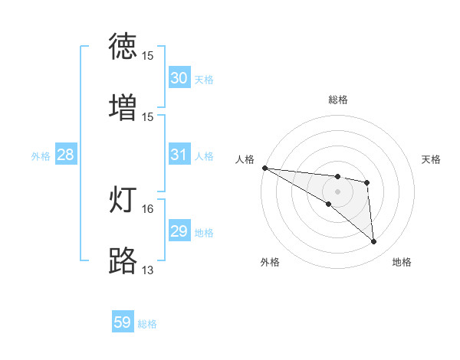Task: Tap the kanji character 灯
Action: pos(123,199)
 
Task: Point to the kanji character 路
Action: pos(123,260)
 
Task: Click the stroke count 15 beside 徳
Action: pos(148,56)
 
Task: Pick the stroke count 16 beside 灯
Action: pos(148,208)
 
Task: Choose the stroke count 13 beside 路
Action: pos(148,270)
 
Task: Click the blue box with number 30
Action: pos(179,78)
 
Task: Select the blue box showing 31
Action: pos(179,155)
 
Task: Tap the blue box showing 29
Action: pos(179,231)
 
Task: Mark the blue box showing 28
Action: pos(65,155)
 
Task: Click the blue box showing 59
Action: pos(123,322)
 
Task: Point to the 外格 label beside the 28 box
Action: pos(41,155)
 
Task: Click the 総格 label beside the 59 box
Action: pos(147,324)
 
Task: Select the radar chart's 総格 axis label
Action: pos(338,100)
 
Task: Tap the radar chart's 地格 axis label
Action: pos(402,262)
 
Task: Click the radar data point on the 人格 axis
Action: pos(264,168)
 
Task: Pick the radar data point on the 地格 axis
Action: pos(374,242)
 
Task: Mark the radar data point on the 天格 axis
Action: pos(367,182)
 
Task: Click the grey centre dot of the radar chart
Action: pos(337,191)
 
